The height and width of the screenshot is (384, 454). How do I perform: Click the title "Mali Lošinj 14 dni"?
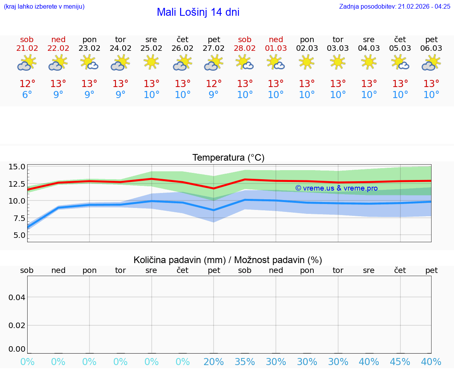198,12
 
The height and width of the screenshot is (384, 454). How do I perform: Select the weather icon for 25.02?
151,62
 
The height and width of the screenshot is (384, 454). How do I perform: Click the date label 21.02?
27,48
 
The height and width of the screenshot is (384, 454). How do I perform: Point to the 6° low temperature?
27,95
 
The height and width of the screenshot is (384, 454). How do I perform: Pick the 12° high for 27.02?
214,84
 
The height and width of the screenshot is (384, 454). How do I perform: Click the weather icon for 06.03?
431,63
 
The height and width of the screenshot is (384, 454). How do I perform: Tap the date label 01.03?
276,48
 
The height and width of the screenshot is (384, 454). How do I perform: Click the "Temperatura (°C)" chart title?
228,158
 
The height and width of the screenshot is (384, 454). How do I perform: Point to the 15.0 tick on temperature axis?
17,167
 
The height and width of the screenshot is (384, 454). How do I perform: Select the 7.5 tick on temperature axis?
17,218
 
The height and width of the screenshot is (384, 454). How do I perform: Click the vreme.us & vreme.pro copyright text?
337,188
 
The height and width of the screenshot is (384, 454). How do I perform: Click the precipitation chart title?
228,260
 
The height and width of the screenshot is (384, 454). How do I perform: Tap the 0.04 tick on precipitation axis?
17,297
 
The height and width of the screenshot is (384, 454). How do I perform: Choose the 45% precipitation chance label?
400,362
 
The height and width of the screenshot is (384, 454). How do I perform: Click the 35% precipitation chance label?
245,362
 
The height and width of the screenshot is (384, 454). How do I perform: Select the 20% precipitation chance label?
214,362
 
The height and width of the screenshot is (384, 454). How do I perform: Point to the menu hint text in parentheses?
44,6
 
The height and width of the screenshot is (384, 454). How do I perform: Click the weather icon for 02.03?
307,62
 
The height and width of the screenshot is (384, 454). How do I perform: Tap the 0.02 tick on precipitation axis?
17,325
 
